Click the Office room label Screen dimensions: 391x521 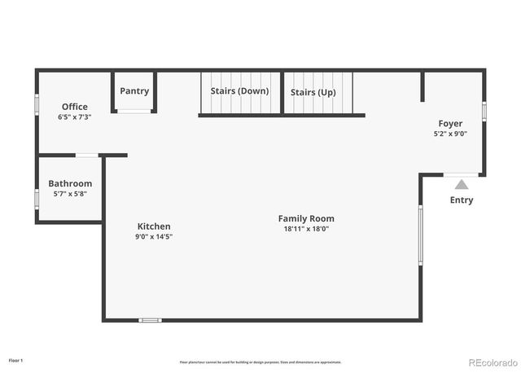point(74,107)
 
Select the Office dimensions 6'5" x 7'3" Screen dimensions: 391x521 point(74,117)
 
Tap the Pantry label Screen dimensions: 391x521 point(134,91)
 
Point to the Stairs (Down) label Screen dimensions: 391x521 point(239,91)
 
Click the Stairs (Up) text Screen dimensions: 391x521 point(313,92)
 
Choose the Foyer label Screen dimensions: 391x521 point(450,124)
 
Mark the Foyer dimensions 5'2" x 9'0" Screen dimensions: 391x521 point(450,134)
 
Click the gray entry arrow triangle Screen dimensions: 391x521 point(462,185)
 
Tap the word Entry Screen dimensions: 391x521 point(462,200)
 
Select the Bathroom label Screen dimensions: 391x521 point(70,184)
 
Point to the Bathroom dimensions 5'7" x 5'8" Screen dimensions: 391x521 point(70,194)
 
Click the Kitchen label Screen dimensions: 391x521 point(154,226)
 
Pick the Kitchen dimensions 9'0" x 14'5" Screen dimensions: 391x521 point(154,237)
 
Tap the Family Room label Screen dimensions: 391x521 point(306,218)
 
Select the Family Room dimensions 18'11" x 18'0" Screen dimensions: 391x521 point(306,229)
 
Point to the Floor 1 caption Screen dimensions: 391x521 point(16,360)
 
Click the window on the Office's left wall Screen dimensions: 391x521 point(37,105)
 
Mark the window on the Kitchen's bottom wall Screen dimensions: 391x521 point(150,320)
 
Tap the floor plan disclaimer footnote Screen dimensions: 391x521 point(260,362)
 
